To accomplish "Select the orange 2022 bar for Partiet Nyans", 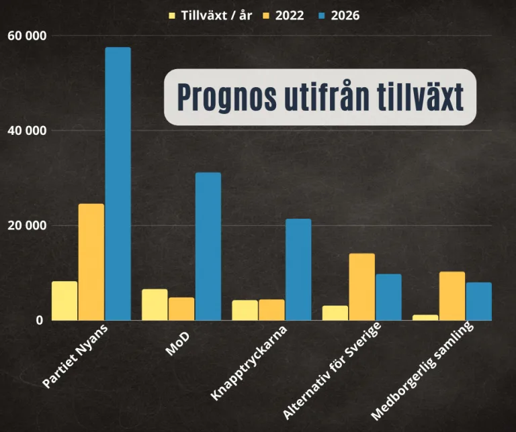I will click(91, 262).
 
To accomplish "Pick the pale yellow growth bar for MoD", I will click(155, 305).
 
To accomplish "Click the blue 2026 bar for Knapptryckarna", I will click(298, 269).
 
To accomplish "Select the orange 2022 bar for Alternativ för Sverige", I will click(361, 286).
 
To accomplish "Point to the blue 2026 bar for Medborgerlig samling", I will click(478, 301).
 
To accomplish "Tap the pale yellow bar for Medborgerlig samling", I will click(425, 317).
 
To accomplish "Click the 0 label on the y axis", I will click(39, 320).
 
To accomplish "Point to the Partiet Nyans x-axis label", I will click(75, 357).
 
